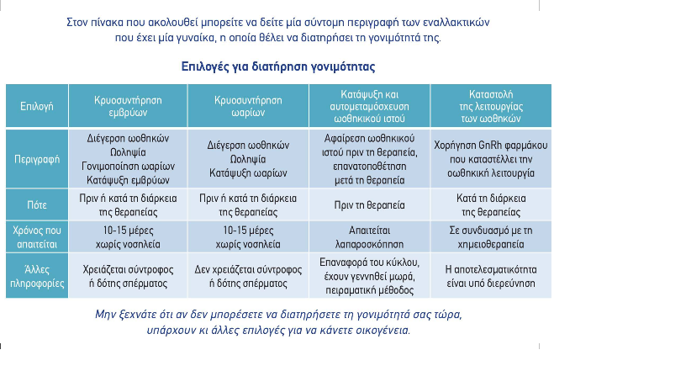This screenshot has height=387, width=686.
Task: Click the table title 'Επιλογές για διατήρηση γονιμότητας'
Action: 278,66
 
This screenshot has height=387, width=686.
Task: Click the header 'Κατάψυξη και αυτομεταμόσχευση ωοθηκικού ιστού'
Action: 369,105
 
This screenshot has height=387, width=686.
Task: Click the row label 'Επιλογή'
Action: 37,106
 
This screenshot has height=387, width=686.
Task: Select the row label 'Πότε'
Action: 37,204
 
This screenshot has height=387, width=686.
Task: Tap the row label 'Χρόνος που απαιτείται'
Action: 37,234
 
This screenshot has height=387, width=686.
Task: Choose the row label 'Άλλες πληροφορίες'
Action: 37,276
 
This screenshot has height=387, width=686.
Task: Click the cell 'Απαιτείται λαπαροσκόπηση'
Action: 369,235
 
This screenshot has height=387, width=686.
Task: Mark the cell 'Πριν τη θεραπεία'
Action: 369,205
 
